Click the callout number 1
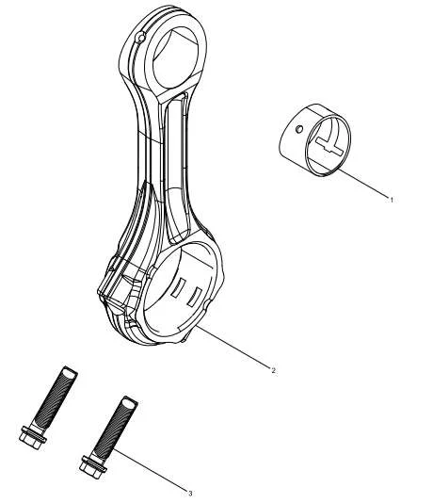click(391, 200)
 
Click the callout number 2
click(273, 370)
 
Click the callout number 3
click(190, 493)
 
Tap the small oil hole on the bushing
click(299, 129)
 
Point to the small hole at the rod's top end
click(141, 39)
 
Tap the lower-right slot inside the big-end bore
click(195, 297)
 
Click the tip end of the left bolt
click(70, 372)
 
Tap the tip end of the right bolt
click(130, 401)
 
